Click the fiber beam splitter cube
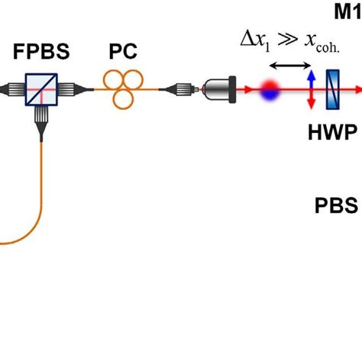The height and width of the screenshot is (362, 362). [x=39, y=89]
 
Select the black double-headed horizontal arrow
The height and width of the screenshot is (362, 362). [x=288, y=66]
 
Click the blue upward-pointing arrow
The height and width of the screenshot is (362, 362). [x=310, y=79]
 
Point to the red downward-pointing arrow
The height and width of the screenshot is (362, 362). [x=310, y=99]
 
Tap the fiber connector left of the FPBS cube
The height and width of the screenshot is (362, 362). [x=9, y=89]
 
